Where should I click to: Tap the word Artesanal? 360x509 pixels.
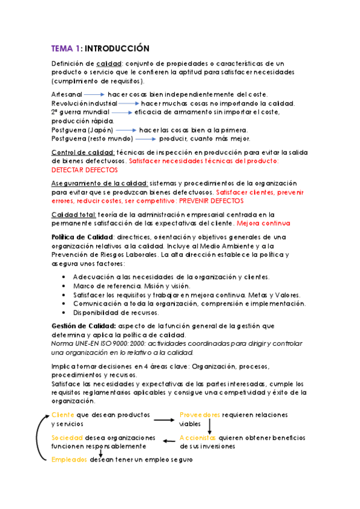66,94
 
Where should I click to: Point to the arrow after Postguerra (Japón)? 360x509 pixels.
126,130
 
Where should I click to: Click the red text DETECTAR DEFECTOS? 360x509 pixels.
84,170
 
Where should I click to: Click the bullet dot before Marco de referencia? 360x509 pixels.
64,286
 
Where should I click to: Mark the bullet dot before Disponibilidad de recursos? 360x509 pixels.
64,312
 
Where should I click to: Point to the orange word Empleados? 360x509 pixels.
69,460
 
